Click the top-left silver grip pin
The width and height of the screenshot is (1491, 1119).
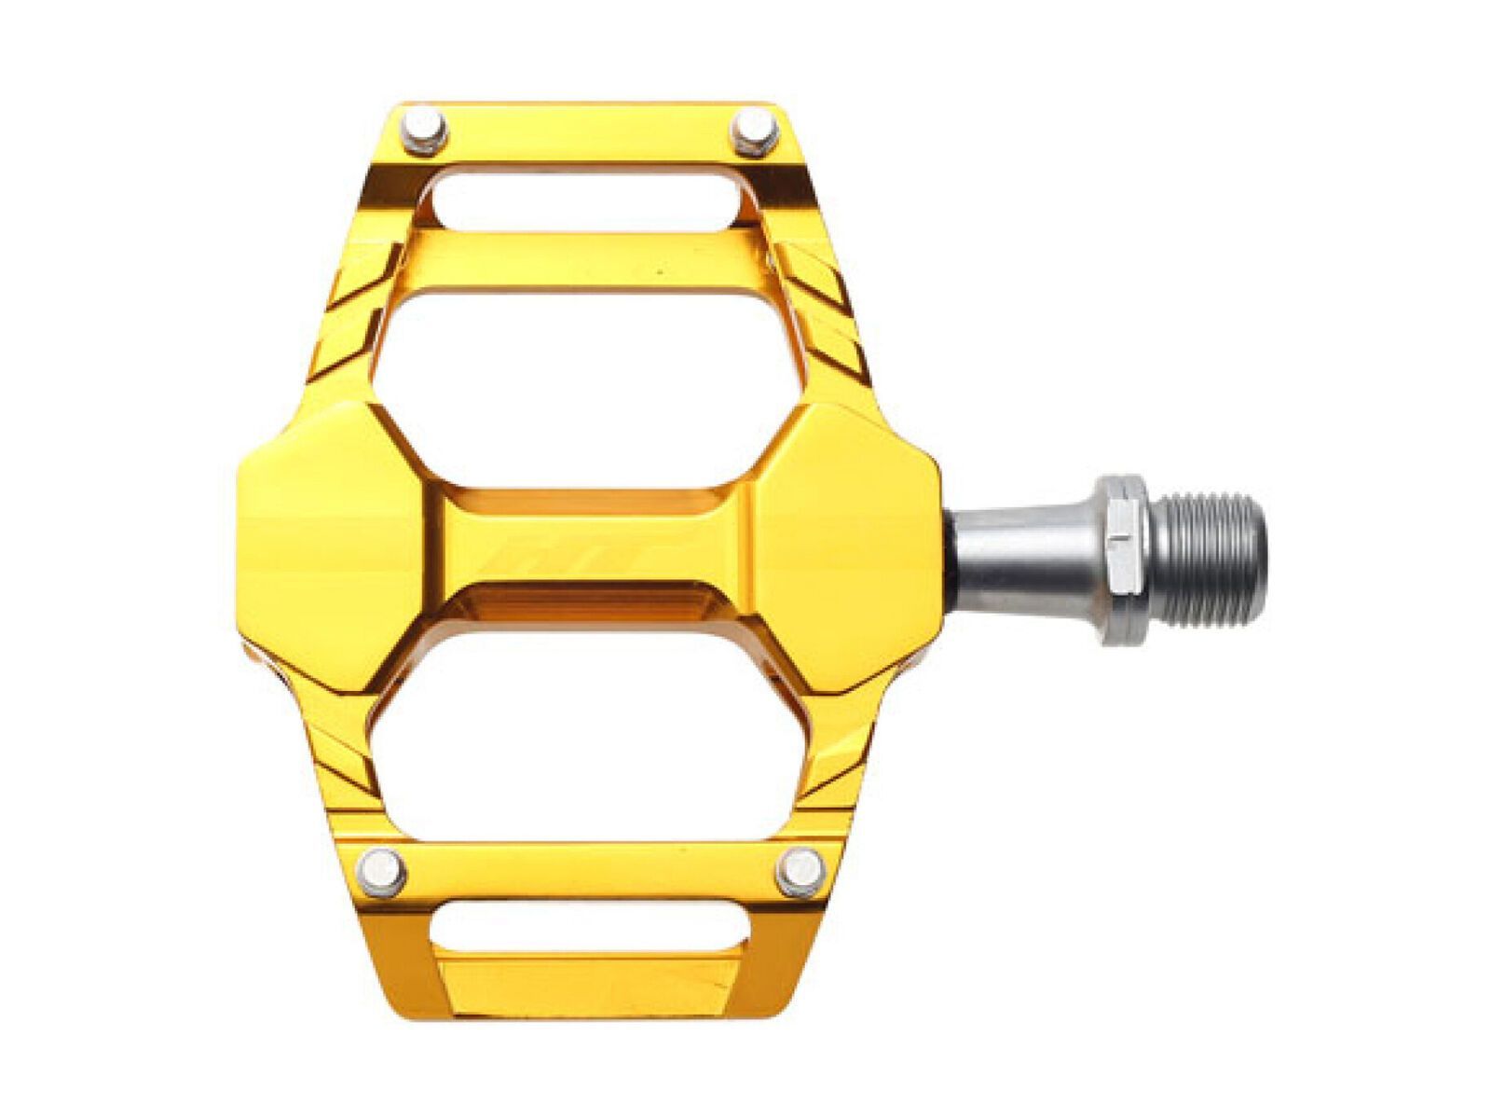pyautogui.click(x=427, y=131)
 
